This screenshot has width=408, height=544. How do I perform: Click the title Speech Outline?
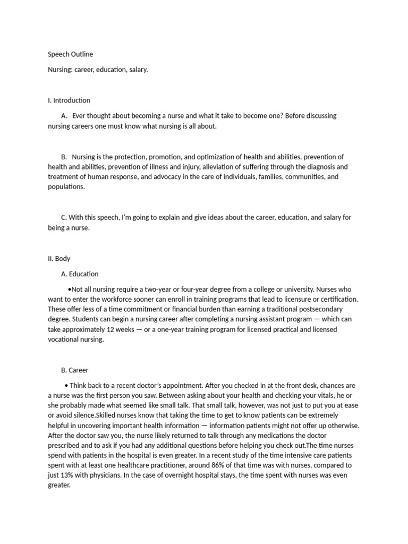pyautogui.click(x=71, y=54)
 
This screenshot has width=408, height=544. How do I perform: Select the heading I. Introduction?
pyautogui.click(x=69, y=100)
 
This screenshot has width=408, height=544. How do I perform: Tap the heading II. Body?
pyautogui.click(x=59, y=259)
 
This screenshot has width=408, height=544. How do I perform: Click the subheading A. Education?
pyautogui.click(x=80, y=274)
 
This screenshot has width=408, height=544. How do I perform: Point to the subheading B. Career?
pyautogui.click(x=75, y=370)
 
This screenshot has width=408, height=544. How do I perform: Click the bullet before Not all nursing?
pyautogui.click(x=70, y=290)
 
